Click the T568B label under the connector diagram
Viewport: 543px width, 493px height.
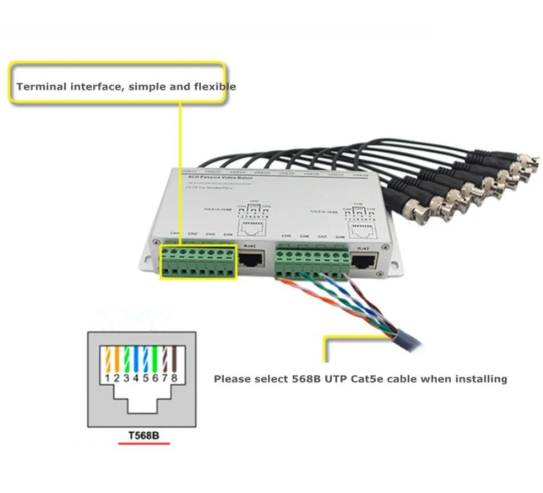click(144, 437)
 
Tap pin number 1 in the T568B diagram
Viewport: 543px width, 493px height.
click(108, 377)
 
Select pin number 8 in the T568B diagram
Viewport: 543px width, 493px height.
click(174, 377)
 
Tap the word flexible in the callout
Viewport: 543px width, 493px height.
click(217, 86)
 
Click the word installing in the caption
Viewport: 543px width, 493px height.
click(481, 379)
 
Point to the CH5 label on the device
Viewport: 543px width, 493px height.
click(287, 236)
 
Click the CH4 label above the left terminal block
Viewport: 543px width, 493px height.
click(229, 234)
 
